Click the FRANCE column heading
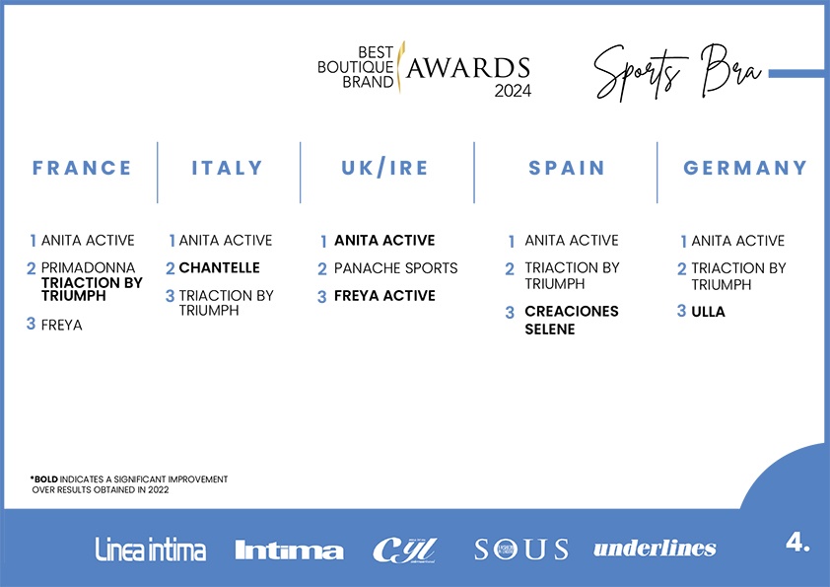pos(82,168)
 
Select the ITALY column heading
pos(227,168)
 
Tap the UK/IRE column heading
pos(384,168)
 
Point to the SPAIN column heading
pos(567,168)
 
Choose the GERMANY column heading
pos(745,168)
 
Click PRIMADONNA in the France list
pos(88,267)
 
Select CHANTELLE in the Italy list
pos(219,267)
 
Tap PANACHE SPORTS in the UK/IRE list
pos(395,268)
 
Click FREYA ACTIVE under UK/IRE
pos(384,296)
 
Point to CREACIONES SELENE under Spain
pos(571,320)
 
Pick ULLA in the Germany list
pos(708,312)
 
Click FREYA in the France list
pos(61,325)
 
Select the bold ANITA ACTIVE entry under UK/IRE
pos(384,241)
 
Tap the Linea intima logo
pos(151,550)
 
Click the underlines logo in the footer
pos(655,549)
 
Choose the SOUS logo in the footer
pos(521,550)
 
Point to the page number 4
pos(797,542)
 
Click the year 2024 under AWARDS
pos(513,91)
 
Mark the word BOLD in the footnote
pos(46,479)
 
